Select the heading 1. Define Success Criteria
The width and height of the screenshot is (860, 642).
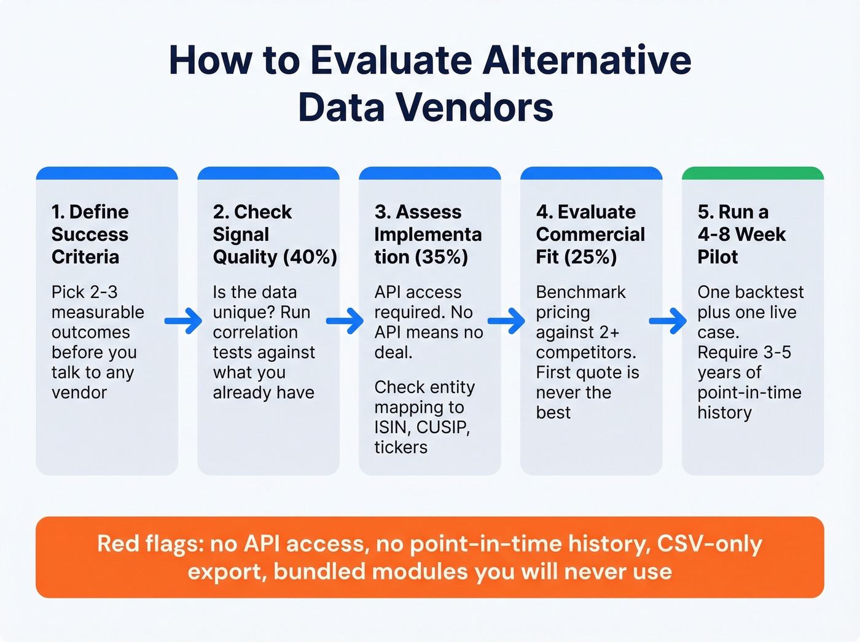click(x=90, y=234)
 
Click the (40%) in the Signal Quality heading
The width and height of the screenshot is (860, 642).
click(x=310, y=257)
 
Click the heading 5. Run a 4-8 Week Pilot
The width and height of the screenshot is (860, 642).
click(x=741, y=234)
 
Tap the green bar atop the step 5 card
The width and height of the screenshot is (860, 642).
click(x=752, y=173)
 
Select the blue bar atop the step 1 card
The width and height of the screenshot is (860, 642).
click(x=107, y=173)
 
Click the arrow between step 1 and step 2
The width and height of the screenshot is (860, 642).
click(x=184, y=321)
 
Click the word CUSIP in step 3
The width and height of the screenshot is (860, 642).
click(x=443, y=427)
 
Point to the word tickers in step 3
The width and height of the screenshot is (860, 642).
click(x=401, y=447)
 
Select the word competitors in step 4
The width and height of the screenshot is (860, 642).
click(x=585, y=353)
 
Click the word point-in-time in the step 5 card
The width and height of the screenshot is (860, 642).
click(x=749, y=393)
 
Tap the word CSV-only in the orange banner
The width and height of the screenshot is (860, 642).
click(x=709, y=544)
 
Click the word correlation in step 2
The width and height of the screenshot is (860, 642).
click(x=255, y=332)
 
